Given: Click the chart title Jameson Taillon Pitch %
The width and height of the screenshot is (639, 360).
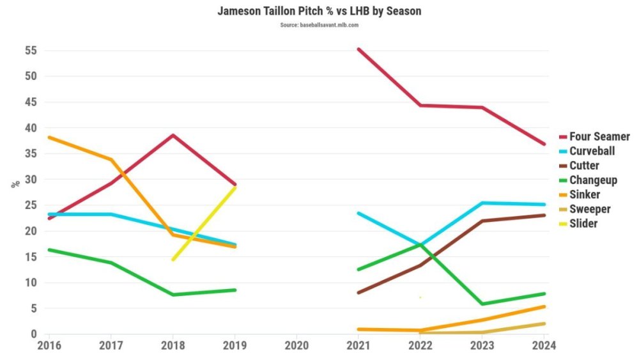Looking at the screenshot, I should pyautogui.click(x=319, y=11).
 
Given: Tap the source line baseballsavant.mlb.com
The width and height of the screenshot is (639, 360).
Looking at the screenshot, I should pyautogui.click(x=319, y=25).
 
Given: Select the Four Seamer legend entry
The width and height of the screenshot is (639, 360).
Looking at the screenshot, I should pyautogui.click(x=599, y=137).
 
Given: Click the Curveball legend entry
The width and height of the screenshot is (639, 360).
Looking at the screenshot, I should pyautogui.click(x=592, y=152).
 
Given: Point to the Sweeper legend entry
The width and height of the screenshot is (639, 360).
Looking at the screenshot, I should pyautogui.click(x=590, y=210).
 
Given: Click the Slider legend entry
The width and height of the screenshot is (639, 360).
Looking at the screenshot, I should pyautogui.click(x=583, y=224).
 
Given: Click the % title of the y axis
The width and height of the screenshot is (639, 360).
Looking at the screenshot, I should pyautogui.click(x=15, y=184).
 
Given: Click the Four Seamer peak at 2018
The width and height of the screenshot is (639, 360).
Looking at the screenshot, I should pyautogui.click(x=173, y=135).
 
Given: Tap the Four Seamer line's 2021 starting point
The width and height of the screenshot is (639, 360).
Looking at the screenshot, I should pyautogui.click(x=358, y=49).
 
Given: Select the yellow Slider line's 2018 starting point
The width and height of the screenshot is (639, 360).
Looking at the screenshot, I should pyautogui.click(x=173, y=260).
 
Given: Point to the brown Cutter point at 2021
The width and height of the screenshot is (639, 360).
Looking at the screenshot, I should pyautogui.click(x=358, y=292).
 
